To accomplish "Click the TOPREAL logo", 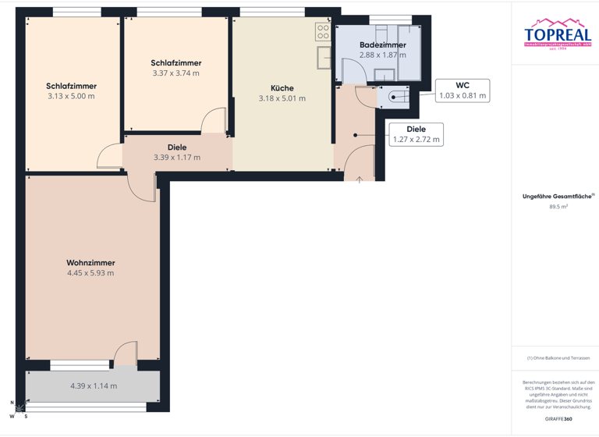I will tap(557, 34).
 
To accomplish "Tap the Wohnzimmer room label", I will tap(90, 263).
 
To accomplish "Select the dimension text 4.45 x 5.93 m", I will tap(90, 273).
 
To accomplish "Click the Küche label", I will tap(282, 88).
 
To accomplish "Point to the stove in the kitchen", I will tap(323, 32).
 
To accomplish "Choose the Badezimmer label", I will tap(382, 45).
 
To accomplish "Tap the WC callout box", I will tap(462, 90).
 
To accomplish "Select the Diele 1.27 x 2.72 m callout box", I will tap(416, 134).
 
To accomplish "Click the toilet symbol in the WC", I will tap(395, 98).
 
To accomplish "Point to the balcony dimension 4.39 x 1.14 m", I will tap(93, 385).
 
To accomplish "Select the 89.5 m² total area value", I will tap(558, 207).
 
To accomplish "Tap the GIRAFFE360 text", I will tap(558, 419).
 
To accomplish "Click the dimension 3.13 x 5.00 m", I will tap(71, 97).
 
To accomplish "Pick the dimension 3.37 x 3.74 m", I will tap(175, 73).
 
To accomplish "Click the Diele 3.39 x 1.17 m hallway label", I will tap(177, 152).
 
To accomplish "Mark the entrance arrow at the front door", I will tap(360, 179).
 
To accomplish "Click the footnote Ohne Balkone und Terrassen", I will tap(558, 358).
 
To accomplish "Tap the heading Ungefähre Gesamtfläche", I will tap(557, 197).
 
